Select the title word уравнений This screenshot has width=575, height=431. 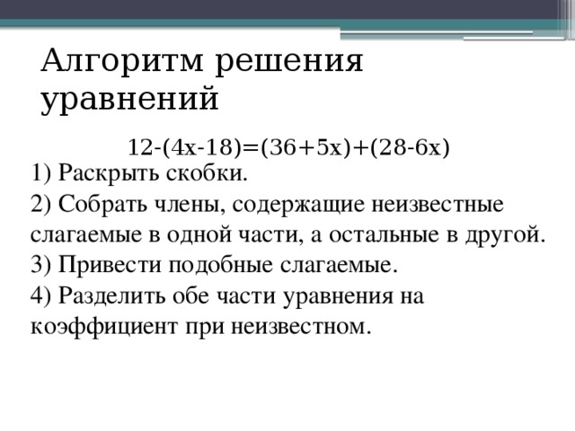129,98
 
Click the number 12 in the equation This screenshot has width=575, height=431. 138,146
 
